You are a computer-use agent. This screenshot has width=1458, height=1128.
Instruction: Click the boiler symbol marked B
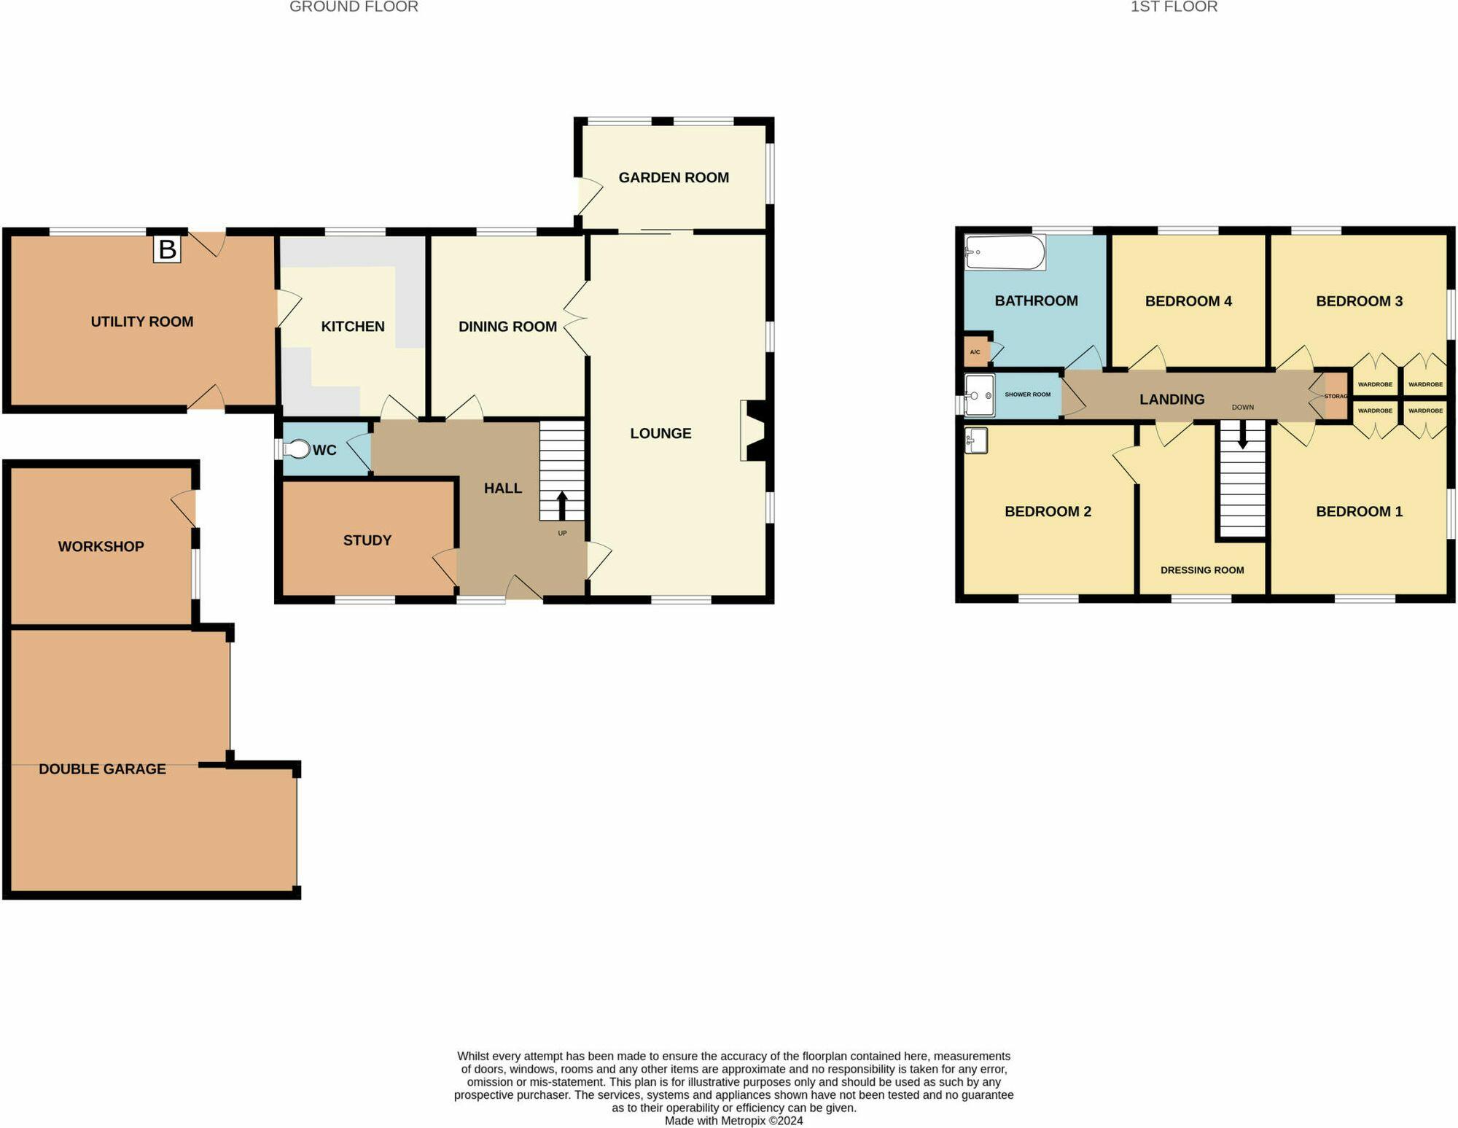click(x=167, y=249)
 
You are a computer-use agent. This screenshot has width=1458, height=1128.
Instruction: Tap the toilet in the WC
click(x=297, y=449)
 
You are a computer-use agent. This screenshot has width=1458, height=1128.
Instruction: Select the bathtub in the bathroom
click(x=1005, y=252)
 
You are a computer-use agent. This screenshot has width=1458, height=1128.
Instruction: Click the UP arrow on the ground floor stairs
click(x=562, y=505)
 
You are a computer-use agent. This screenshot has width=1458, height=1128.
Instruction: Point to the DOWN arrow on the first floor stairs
click(x=1242, y=436)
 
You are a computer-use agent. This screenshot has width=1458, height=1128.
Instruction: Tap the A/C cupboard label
click(x=975, y=352)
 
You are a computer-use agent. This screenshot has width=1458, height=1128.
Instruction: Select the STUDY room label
click(x=367, y=540)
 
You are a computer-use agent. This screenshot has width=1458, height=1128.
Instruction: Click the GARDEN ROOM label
click(x=674, y=177)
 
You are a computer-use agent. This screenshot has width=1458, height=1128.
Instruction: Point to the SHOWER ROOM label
click(x=1027, y=394)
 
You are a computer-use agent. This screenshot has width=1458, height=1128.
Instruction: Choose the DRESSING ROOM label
click(x=1202, y=570)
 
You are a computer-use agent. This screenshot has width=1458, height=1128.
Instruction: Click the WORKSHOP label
click(x=101, y=546)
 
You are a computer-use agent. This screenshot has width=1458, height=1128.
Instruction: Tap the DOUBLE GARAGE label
click(x=102, y=769)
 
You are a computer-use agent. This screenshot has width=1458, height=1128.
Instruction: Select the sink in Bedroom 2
click(x=976, y=440)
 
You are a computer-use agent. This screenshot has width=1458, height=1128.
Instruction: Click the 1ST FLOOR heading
click(x=1174, y=7)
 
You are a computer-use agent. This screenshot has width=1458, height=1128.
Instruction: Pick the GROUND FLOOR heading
click(x=354, y=7)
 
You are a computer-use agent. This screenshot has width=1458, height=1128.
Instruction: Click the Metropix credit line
click(x=733, y=1121)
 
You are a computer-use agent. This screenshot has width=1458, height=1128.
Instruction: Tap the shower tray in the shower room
click(x=979, y=395)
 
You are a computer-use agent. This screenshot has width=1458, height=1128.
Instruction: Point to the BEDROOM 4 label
click(x=1188, y=301)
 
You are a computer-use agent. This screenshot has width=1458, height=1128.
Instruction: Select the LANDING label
click(x=1172, y=399)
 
